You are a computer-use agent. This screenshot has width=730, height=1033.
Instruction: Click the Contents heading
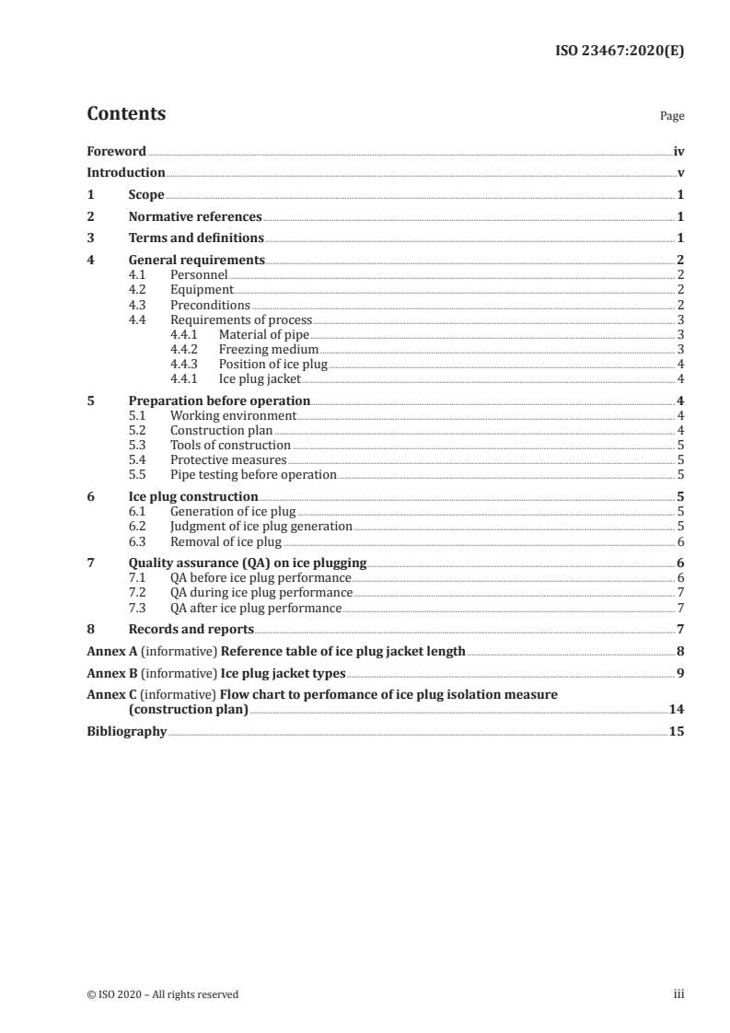pyautogui.click(x=126, y=114)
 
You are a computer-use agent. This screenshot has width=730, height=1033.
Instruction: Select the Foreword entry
pyautogui.click(x=116, y=151)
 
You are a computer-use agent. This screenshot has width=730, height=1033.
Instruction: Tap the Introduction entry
pyautogui.click(x=126, y=172)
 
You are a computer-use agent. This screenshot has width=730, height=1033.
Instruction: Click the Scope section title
pyautogui.click(x=145, y=195)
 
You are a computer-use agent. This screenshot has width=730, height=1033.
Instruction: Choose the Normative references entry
pyautogui.click(x=195, y=217)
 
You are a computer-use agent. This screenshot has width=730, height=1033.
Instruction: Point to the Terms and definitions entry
pyautogui.click(x=196, y=238)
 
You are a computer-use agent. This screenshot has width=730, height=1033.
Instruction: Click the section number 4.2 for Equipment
pyautogui.click(x=137, y=289)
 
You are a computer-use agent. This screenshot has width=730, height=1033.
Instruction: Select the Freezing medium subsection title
pyautogui.click(x=268, y=349)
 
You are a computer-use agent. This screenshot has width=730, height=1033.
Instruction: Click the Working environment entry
pyautogui.click(x=233, y=415)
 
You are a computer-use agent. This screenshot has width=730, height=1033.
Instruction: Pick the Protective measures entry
pyautogui.click(x=228, y=459)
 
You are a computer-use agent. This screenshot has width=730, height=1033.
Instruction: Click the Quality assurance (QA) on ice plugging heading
pyautogui.click(x=247, y=563)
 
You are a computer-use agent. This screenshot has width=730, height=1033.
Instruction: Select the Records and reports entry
pyautogui.click(x=191, y=629)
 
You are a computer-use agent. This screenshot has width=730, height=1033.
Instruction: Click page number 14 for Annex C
pyautogui.click(x=677, y=710)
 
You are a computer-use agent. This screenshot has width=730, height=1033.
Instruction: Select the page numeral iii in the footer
pyautogui.click(x=679, y=994)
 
